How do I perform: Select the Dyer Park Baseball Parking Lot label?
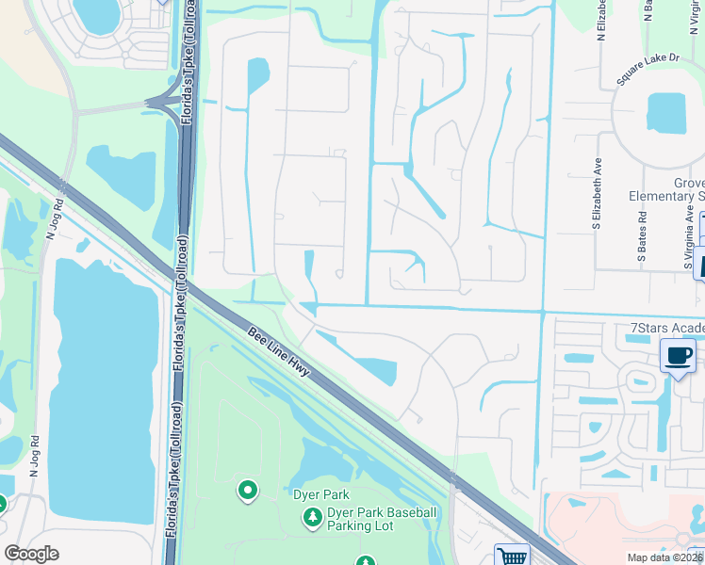click(x=381, y=519)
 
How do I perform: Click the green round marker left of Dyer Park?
click(x=248, y=490)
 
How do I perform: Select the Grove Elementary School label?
click(x=666, y=189)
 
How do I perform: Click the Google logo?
click(x=32, y=554)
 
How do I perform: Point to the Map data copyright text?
click(x=665, y=557)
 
